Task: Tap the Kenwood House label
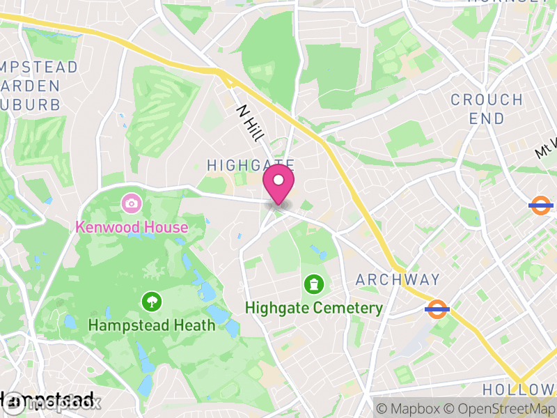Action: [x=132, y=227]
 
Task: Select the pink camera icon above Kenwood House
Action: [x=130, y=204]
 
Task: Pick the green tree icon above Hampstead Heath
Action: [x=150, y=302]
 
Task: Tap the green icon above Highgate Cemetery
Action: [x=314, y=284]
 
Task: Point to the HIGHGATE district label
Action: [x=251, y=165]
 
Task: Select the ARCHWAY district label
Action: [x=398, y=280]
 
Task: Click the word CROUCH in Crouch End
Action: [x=487, y=100]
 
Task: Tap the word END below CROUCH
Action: [x=487, y=119]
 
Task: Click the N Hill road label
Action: [x=249, y=123]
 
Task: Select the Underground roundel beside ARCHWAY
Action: [x=437, y=309]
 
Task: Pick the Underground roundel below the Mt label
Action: [x=541, y=205]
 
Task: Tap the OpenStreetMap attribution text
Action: [x=501, y=408]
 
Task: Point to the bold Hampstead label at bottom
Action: [x=49, y=401]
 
